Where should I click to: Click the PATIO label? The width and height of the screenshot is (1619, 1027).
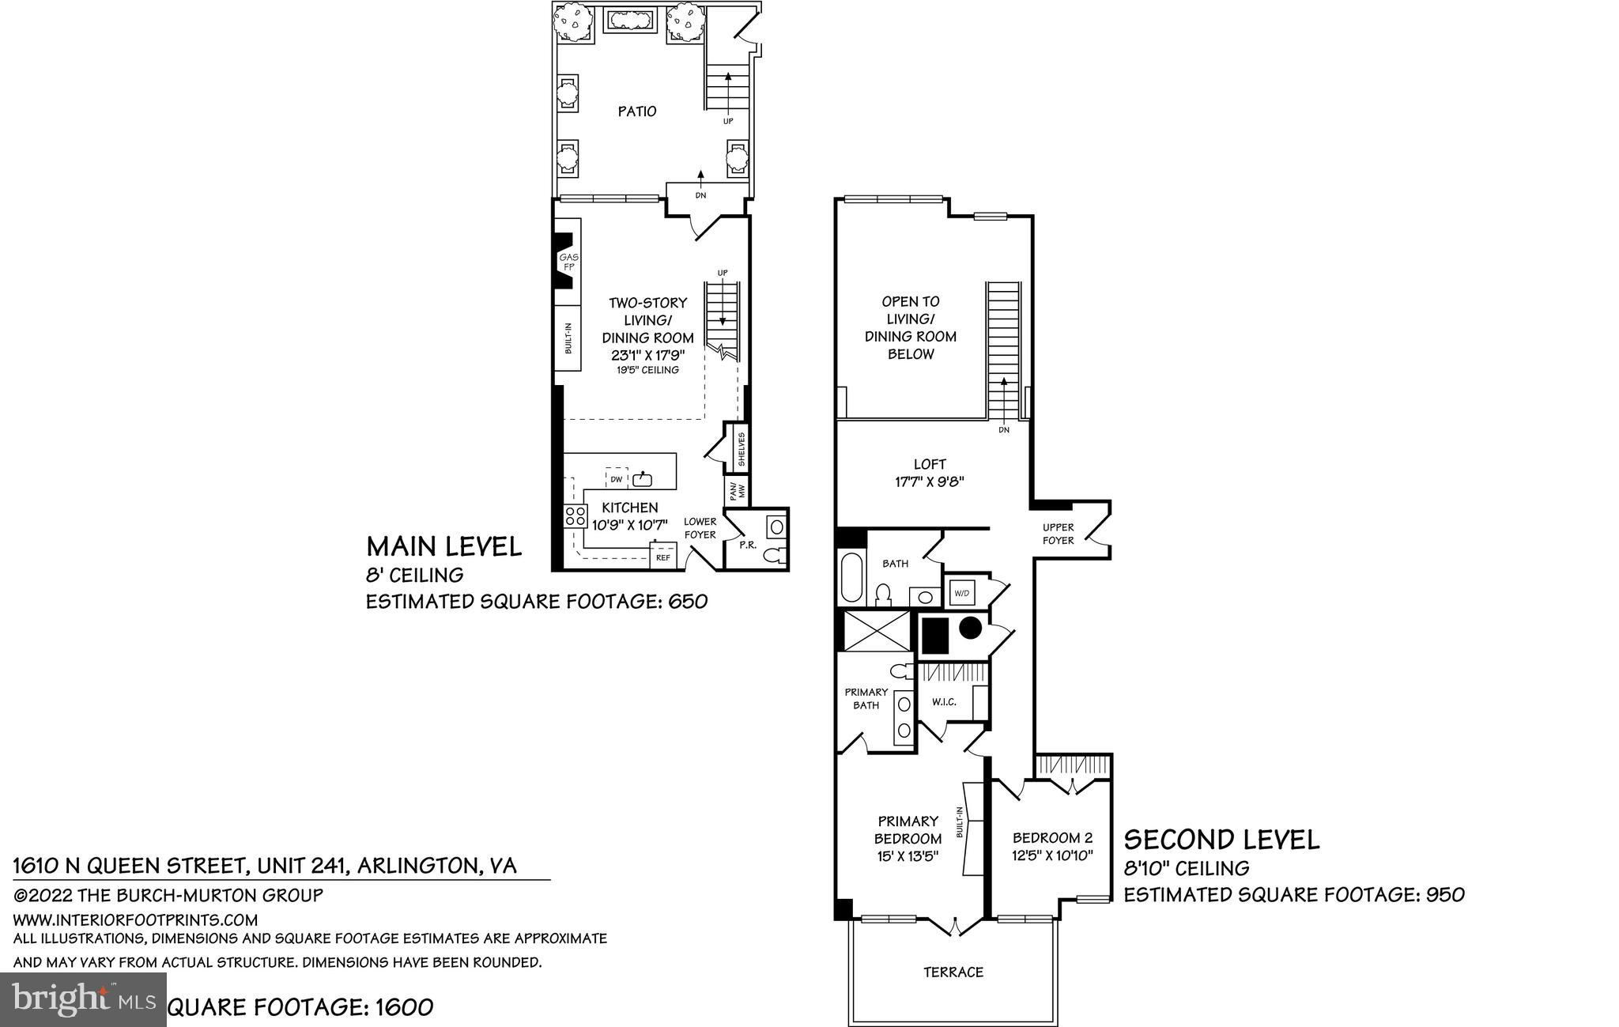tap(636, 111)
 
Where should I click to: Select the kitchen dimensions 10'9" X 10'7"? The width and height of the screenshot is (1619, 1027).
tap(630, 524)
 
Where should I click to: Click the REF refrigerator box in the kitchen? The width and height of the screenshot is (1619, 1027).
tap(662, 557)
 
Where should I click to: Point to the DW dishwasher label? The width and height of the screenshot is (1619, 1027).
tap(616, 479)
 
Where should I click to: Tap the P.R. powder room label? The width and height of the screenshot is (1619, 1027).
tap(744, 546)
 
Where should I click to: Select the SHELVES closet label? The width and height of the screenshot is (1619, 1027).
tap(741, 449)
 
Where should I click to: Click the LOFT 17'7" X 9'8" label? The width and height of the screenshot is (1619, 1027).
tap(929, 473)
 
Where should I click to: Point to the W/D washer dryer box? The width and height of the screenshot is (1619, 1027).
tap(961, 592)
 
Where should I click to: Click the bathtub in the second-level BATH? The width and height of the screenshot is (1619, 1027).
tap(852, 578)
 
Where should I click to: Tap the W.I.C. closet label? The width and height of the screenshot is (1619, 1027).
tap(944, 701)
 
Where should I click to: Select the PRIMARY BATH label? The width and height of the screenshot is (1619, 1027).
tap(866, 698)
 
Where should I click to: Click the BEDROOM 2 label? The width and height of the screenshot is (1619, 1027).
tap(1052, 846)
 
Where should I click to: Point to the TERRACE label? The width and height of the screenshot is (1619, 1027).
tap(953, 972)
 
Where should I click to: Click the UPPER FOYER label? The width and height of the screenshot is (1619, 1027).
tap(1058, 534)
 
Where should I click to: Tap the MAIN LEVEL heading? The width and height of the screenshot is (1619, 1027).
tap(443, 546)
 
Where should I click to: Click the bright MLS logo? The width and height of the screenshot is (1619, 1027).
tap(83, 999)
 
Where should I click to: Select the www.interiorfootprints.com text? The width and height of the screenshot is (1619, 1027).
tap(135, 919)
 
